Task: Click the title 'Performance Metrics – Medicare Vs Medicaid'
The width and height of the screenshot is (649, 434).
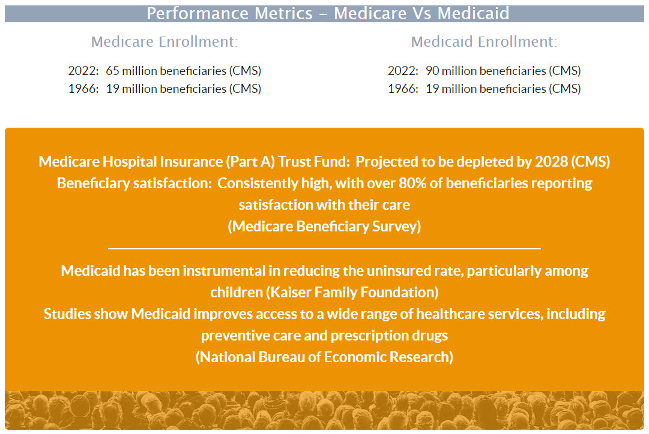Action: pyautogui.click(x=328, y=13)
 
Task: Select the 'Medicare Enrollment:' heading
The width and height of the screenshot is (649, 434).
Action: pyautogui.click(x=165, y=42)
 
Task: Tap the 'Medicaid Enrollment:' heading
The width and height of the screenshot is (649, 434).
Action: pyautogui.click(x=484, y=42)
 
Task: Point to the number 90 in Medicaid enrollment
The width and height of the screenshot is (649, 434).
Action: pyautogui.click(x=432, y=71)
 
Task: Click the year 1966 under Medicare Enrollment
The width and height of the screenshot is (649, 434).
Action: pyautogui.click(x=83, y=89)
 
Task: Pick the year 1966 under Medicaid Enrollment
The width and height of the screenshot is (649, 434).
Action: pyautogui.click(x=402, y=89)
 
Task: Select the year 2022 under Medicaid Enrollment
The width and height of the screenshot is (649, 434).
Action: pyautogui.click(x=402, y=71)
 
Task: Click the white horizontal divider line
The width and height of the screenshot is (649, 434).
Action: pyautogui.click(x=324, y=248)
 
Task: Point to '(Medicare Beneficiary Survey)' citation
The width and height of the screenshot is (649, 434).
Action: pyautogui.click(x=324, y=226)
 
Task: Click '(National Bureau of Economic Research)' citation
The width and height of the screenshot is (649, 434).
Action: pyautogui.click(x=324, y=357)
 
